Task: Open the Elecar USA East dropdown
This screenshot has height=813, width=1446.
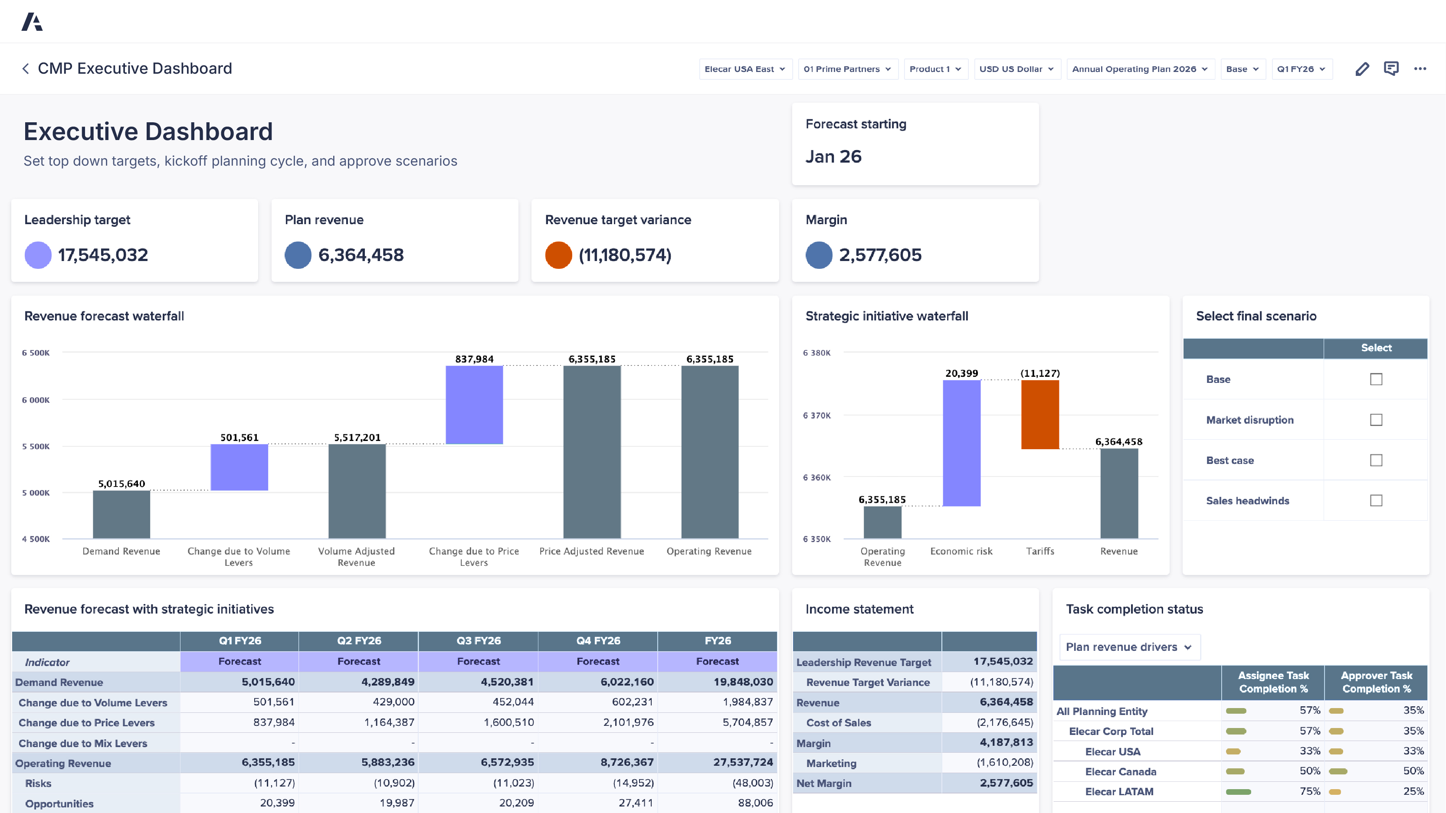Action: (745, 69)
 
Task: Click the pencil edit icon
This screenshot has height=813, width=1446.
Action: (1362, 69)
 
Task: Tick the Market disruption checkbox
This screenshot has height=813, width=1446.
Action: (1376, 420)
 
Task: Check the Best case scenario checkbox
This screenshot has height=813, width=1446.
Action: (1376, 460)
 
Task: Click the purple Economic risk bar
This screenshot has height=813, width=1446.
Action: (961, 443)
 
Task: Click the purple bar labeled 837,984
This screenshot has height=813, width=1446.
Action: (474, 405)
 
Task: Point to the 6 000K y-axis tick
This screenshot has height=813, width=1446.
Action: (36, 400)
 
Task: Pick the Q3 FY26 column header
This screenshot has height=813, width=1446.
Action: (478, 641)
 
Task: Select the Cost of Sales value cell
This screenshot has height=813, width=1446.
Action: (1004, 723)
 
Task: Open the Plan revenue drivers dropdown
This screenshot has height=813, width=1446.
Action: (1129, 647)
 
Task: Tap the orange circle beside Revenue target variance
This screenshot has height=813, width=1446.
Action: (558, 255)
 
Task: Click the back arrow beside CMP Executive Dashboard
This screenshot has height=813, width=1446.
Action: (25, 69)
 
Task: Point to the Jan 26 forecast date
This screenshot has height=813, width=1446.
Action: (833, 157)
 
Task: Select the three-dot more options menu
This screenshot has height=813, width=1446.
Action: (1420, 69)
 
